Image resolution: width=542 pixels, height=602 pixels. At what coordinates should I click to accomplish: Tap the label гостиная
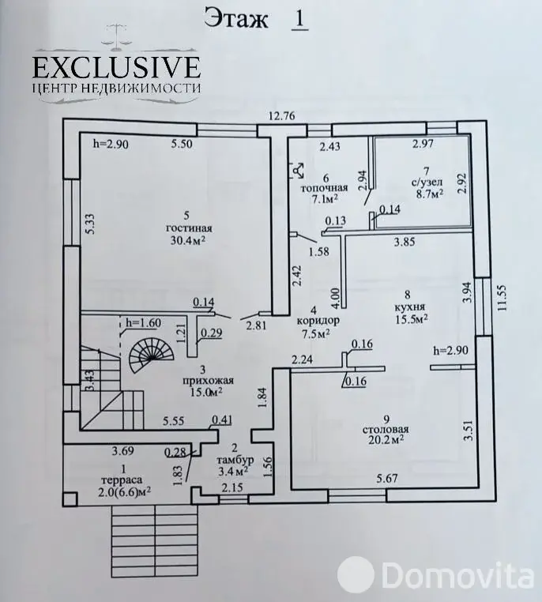tap(189, 228)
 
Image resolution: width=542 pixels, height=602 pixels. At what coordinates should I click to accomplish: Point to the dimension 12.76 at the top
tap(282, 115)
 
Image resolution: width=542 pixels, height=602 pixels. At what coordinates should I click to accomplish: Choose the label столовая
tap(386, 429)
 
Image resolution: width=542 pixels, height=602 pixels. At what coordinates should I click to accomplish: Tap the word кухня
tap(409, 307)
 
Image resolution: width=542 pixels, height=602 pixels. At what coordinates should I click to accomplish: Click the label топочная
tap(324, 188)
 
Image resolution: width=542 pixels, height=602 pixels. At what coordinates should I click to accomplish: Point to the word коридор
tap(318, 319)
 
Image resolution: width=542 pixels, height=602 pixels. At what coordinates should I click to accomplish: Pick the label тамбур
tap(231, 459)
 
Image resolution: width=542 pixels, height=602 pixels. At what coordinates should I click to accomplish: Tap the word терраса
tap(122, 480)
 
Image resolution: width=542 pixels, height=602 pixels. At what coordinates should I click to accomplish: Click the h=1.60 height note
tap(143, 323)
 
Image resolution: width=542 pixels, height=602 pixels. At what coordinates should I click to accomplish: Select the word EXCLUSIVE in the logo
tap(116, 67)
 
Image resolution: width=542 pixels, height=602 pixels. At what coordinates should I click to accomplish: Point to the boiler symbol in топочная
tap(298, 171)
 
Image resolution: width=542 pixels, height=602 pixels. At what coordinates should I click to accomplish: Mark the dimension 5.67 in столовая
tap(386, 479)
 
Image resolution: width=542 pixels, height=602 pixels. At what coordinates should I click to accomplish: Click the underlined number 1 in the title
tap(299, 19)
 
